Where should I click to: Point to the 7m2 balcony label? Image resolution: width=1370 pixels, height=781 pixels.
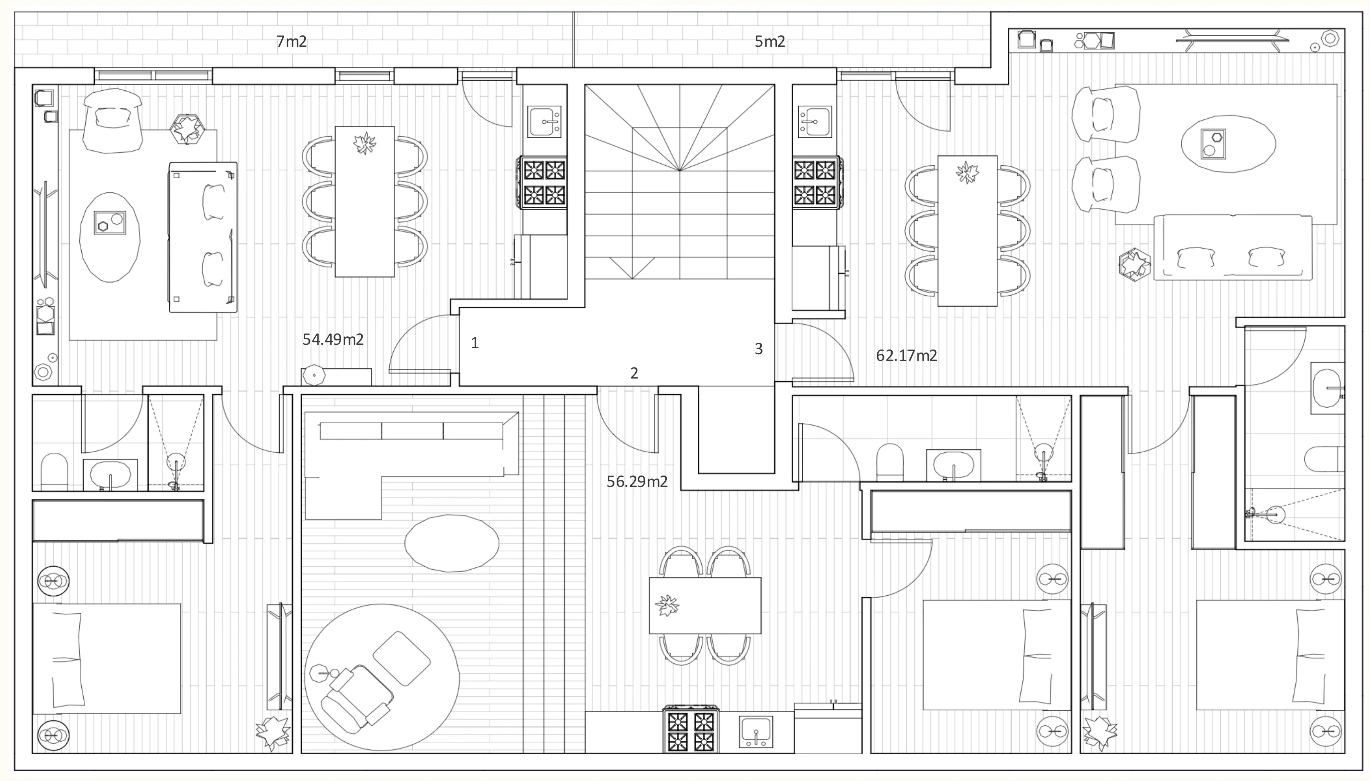coord(292,41)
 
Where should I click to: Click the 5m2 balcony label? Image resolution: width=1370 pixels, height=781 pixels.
coord(770,41)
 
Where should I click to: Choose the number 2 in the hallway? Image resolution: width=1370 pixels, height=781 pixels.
coord(634,373)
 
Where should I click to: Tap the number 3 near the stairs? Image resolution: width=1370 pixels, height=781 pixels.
coord(758,349)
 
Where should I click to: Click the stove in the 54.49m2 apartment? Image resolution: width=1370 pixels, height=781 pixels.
coord(543,182)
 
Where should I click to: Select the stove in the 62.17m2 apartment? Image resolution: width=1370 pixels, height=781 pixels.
coord(816,182)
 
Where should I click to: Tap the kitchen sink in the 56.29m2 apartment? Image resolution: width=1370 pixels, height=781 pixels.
coord(756,732)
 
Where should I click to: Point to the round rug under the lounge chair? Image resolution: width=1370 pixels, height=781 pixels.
coord(381,677)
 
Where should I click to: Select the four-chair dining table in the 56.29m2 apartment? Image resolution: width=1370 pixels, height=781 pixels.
coord(704,605)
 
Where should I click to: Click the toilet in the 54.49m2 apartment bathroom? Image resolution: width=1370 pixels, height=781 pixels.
coord(54,472)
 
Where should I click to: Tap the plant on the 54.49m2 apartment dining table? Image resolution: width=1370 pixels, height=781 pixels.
coord(365,143)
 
